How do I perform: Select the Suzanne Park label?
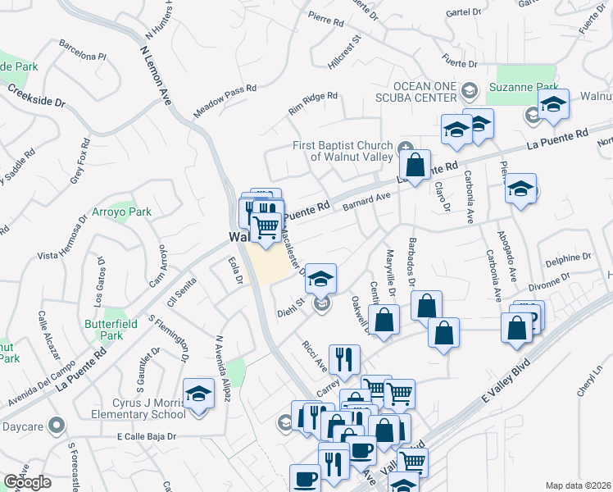point(524,88)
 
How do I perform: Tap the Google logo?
point(28,482)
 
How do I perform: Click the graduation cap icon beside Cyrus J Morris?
point(198,395)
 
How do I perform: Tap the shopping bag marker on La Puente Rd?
point(416,165)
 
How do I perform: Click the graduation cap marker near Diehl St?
point(321,279)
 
